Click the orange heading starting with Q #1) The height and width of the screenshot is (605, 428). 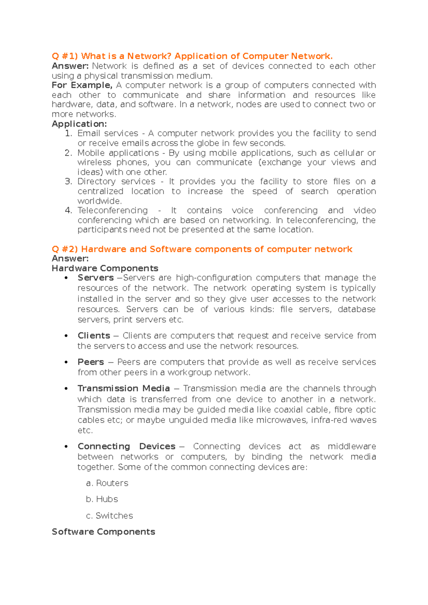pos(192,56)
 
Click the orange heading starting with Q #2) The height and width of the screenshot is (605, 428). pos(202,249)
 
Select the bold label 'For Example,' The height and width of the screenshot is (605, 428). pos(82,85)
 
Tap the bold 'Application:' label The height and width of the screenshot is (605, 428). pos(79,124)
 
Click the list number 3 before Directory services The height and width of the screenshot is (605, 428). pos(68,182)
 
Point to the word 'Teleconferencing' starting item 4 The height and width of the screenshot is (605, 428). pos(113,211)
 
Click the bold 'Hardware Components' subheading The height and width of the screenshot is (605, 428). pos(105,268)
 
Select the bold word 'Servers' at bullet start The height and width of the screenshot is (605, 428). pos(96,278)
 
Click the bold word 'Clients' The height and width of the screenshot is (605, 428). pos(94,336)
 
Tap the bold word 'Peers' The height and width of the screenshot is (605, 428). pos(91,362)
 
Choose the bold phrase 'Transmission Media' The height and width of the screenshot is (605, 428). pos(124,388)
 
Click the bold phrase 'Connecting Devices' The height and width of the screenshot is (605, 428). pos(127,446)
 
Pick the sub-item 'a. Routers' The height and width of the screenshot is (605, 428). pos(107,483)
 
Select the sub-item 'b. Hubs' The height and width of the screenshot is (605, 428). pos(102,499)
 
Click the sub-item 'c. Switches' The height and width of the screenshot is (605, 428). pos(109,516)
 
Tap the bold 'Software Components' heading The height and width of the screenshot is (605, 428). pos(103,532)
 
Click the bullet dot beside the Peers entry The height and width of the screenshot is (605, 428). pos(66,362)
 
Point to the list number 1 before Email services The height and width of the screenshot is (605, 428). pos(68,134)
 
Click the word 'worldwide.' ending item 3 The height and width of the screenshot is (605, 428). pos(100,201)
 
